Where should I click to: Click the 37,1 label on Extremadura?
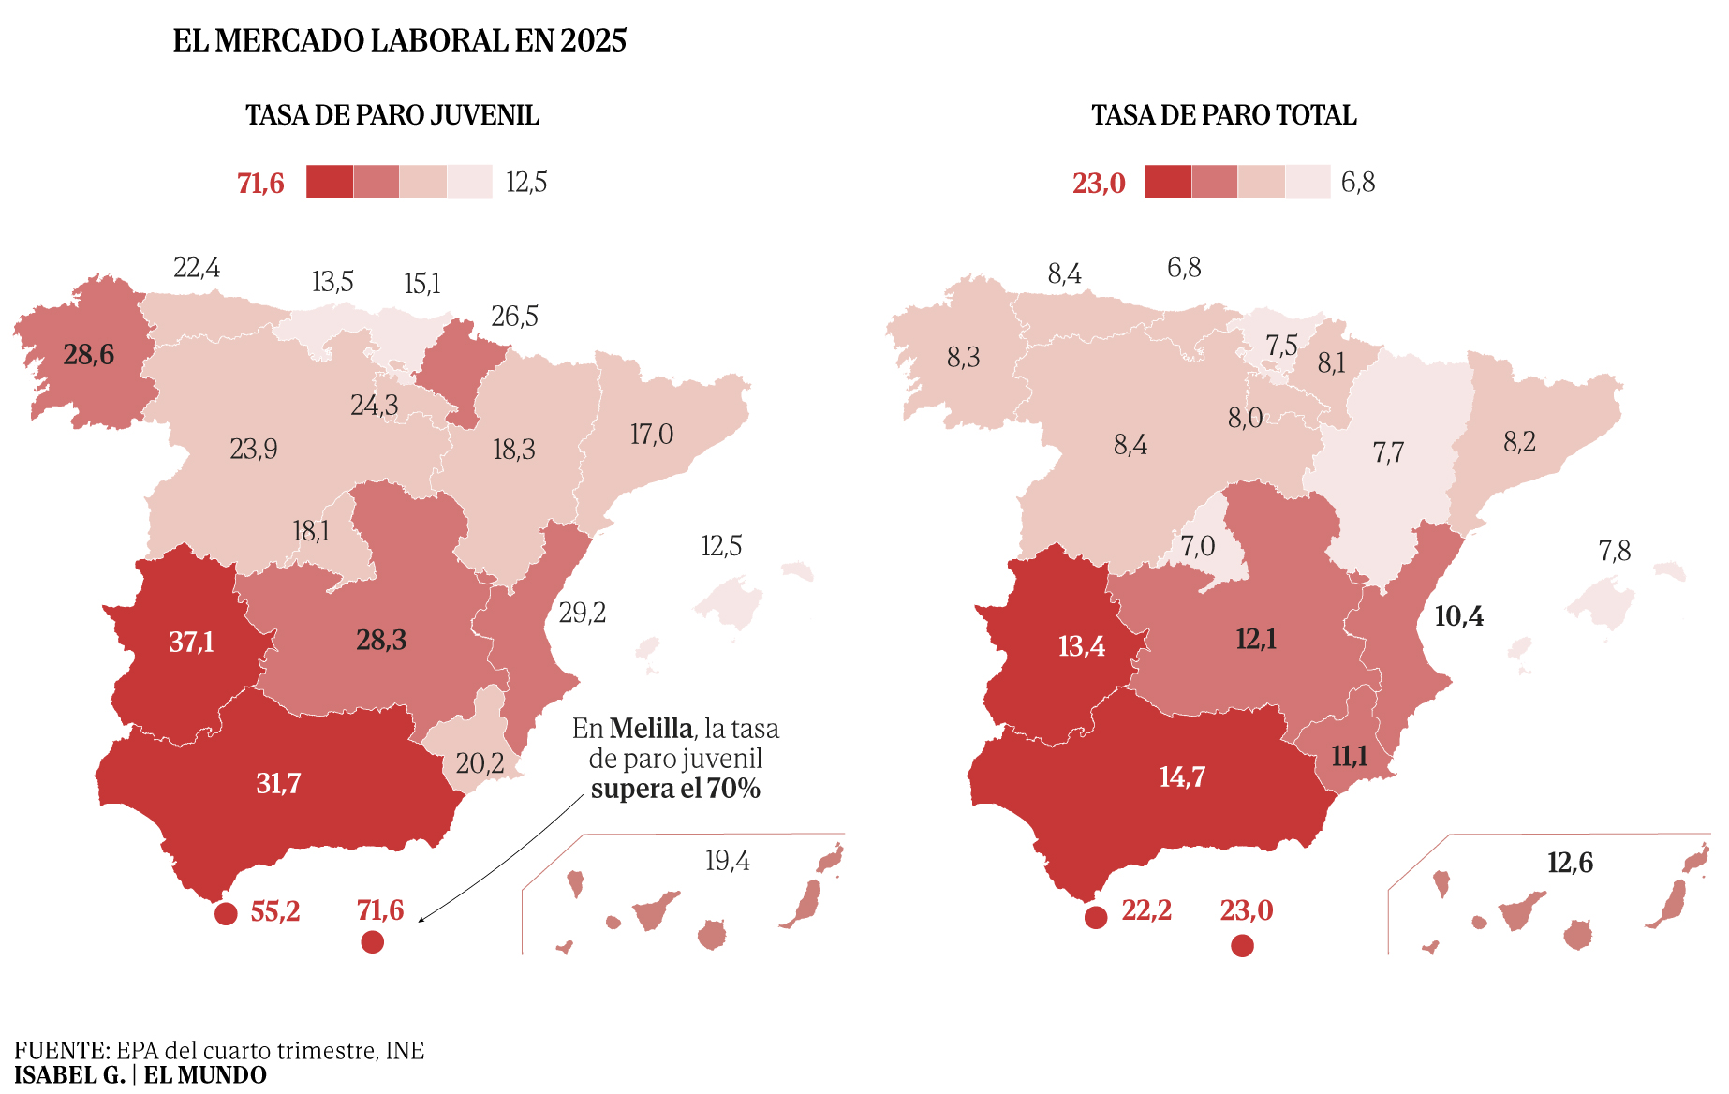pos(191,643)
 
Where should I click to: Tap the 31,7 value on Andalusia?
pos(278,783)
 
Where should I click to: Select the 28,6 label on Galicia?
pos(89,355)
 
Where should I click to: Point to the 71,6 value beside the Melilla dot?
pos(380,910)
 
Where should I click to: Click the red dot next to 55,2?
pos(226,914)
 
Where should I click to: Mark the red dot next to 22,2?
pos(1096,918)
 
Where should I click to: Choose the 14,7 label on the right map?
pos(1182,777)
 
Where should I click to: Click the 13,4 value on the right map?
pos(1082,646)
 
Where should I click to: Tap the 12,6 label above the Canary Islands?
pos(1570,863)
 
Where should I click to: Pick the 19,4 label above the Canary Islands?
pos(727,861)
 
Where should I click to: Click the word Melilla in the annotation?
pos(651,729)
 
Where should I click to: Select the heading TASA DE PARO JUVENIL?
pos(392,115)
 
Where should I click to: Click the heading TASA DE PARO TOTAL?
pos(1224,115)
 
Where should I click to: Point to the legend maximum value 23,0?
pos(1099,184)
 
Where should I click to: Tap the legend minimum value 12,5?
pos(526,183)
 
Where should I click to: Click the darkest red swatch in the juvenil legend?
pos(330,182)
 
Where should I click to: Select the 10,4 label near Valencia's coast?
pos(1458,616)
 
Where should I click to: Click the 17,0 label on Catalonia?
pos(652,435)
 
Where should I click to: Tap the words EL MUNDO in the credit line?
pos(205,1075)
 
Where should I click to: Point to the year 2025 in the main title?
pos(593,41)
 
